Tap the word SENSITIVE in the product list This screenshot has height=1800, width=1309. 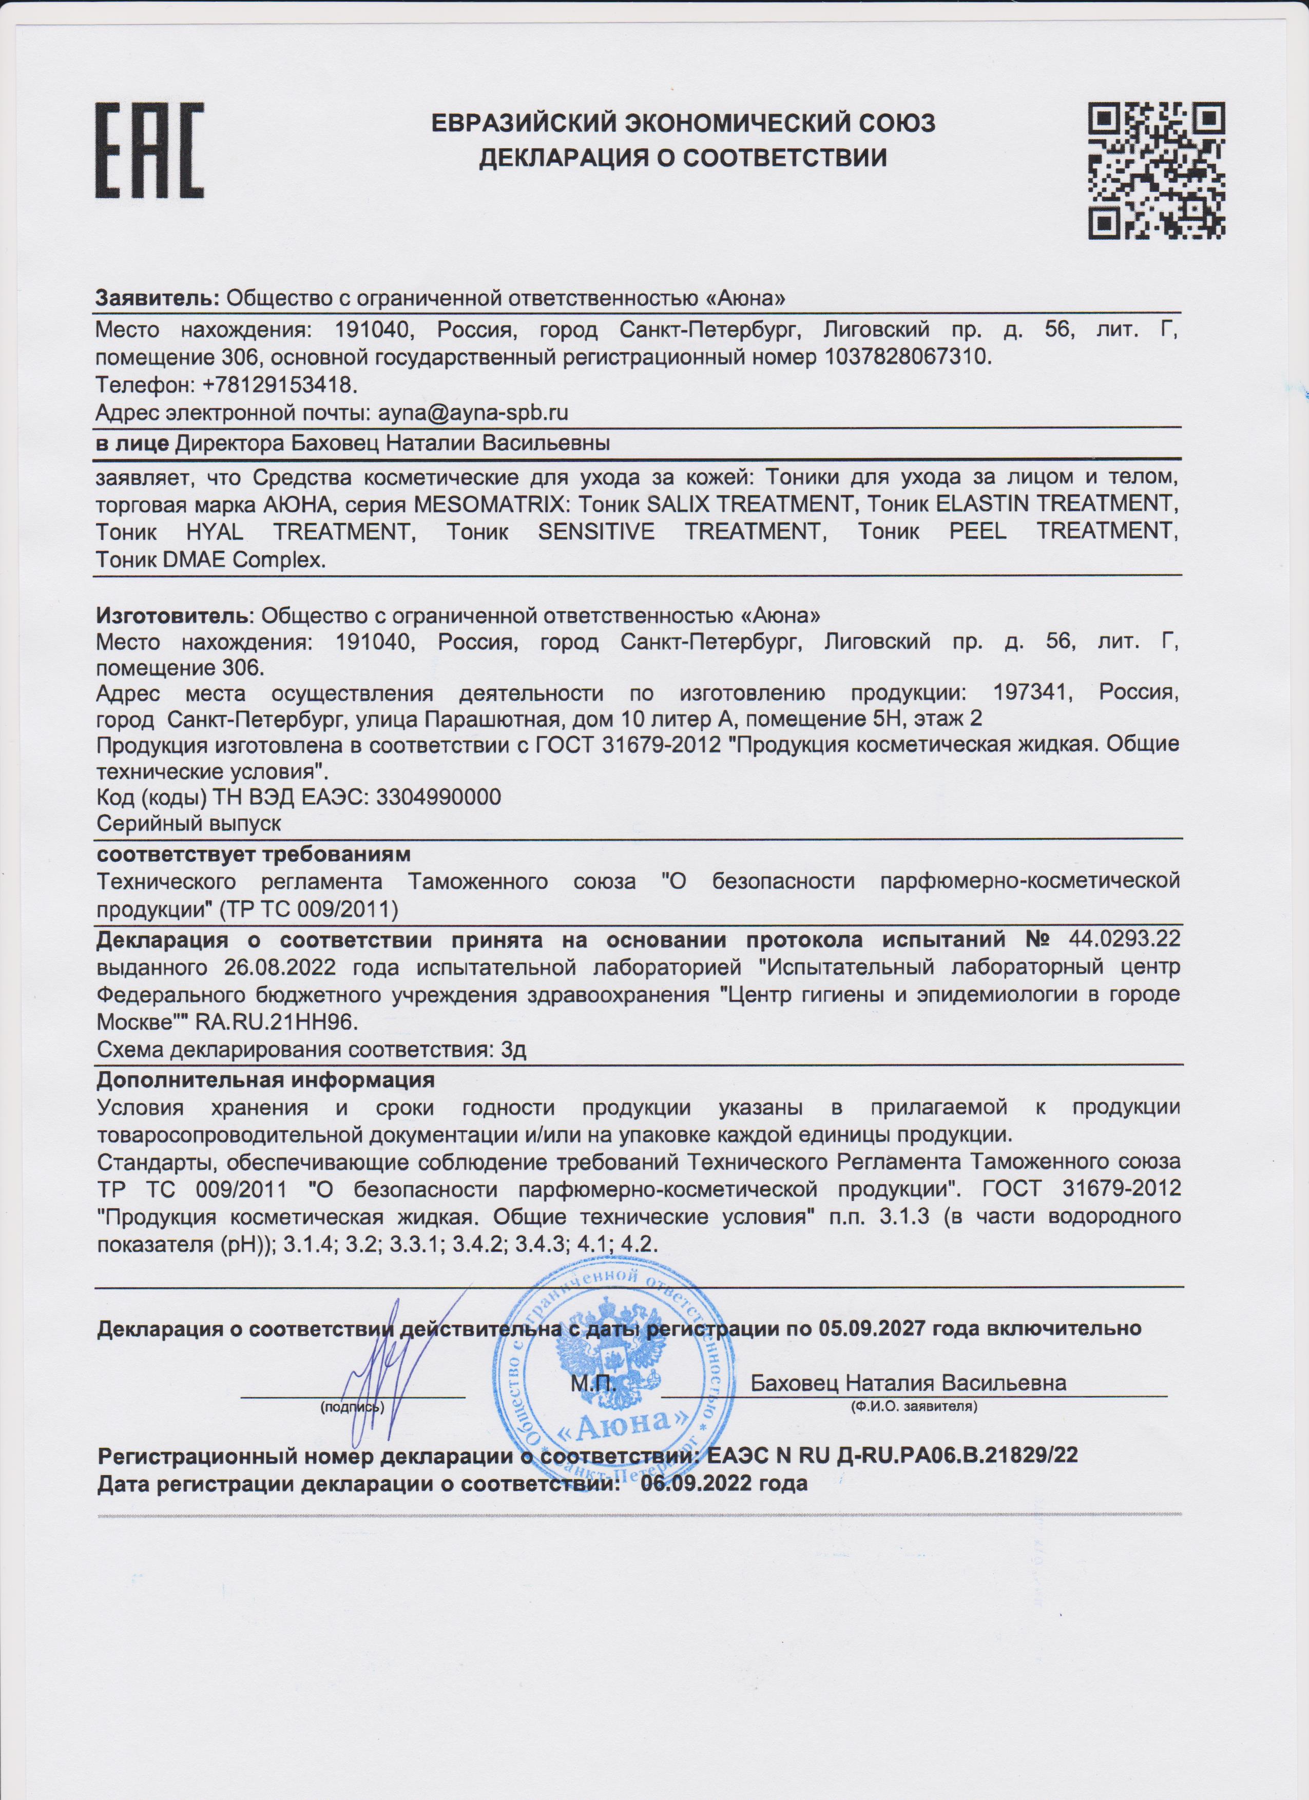596,532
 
